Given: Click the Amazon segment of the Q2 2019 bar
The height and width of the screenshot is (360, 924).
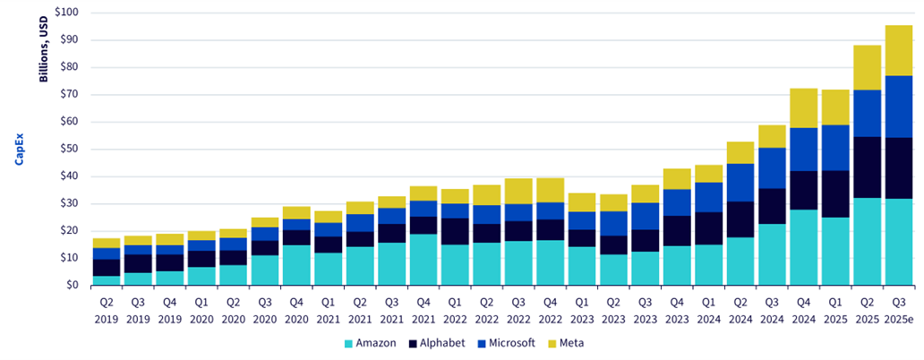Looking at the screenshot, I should [x=107, y=280].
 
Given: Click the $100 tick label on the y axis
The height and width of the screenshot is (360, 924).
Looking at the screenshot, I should [x=66, y=13].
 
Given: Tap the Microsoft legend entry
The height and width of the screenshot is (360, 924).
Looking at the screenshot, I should [x=506, y=343].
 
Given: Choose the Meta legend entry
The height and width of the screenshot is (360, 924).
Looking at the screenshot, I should [x=566, y=343].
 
